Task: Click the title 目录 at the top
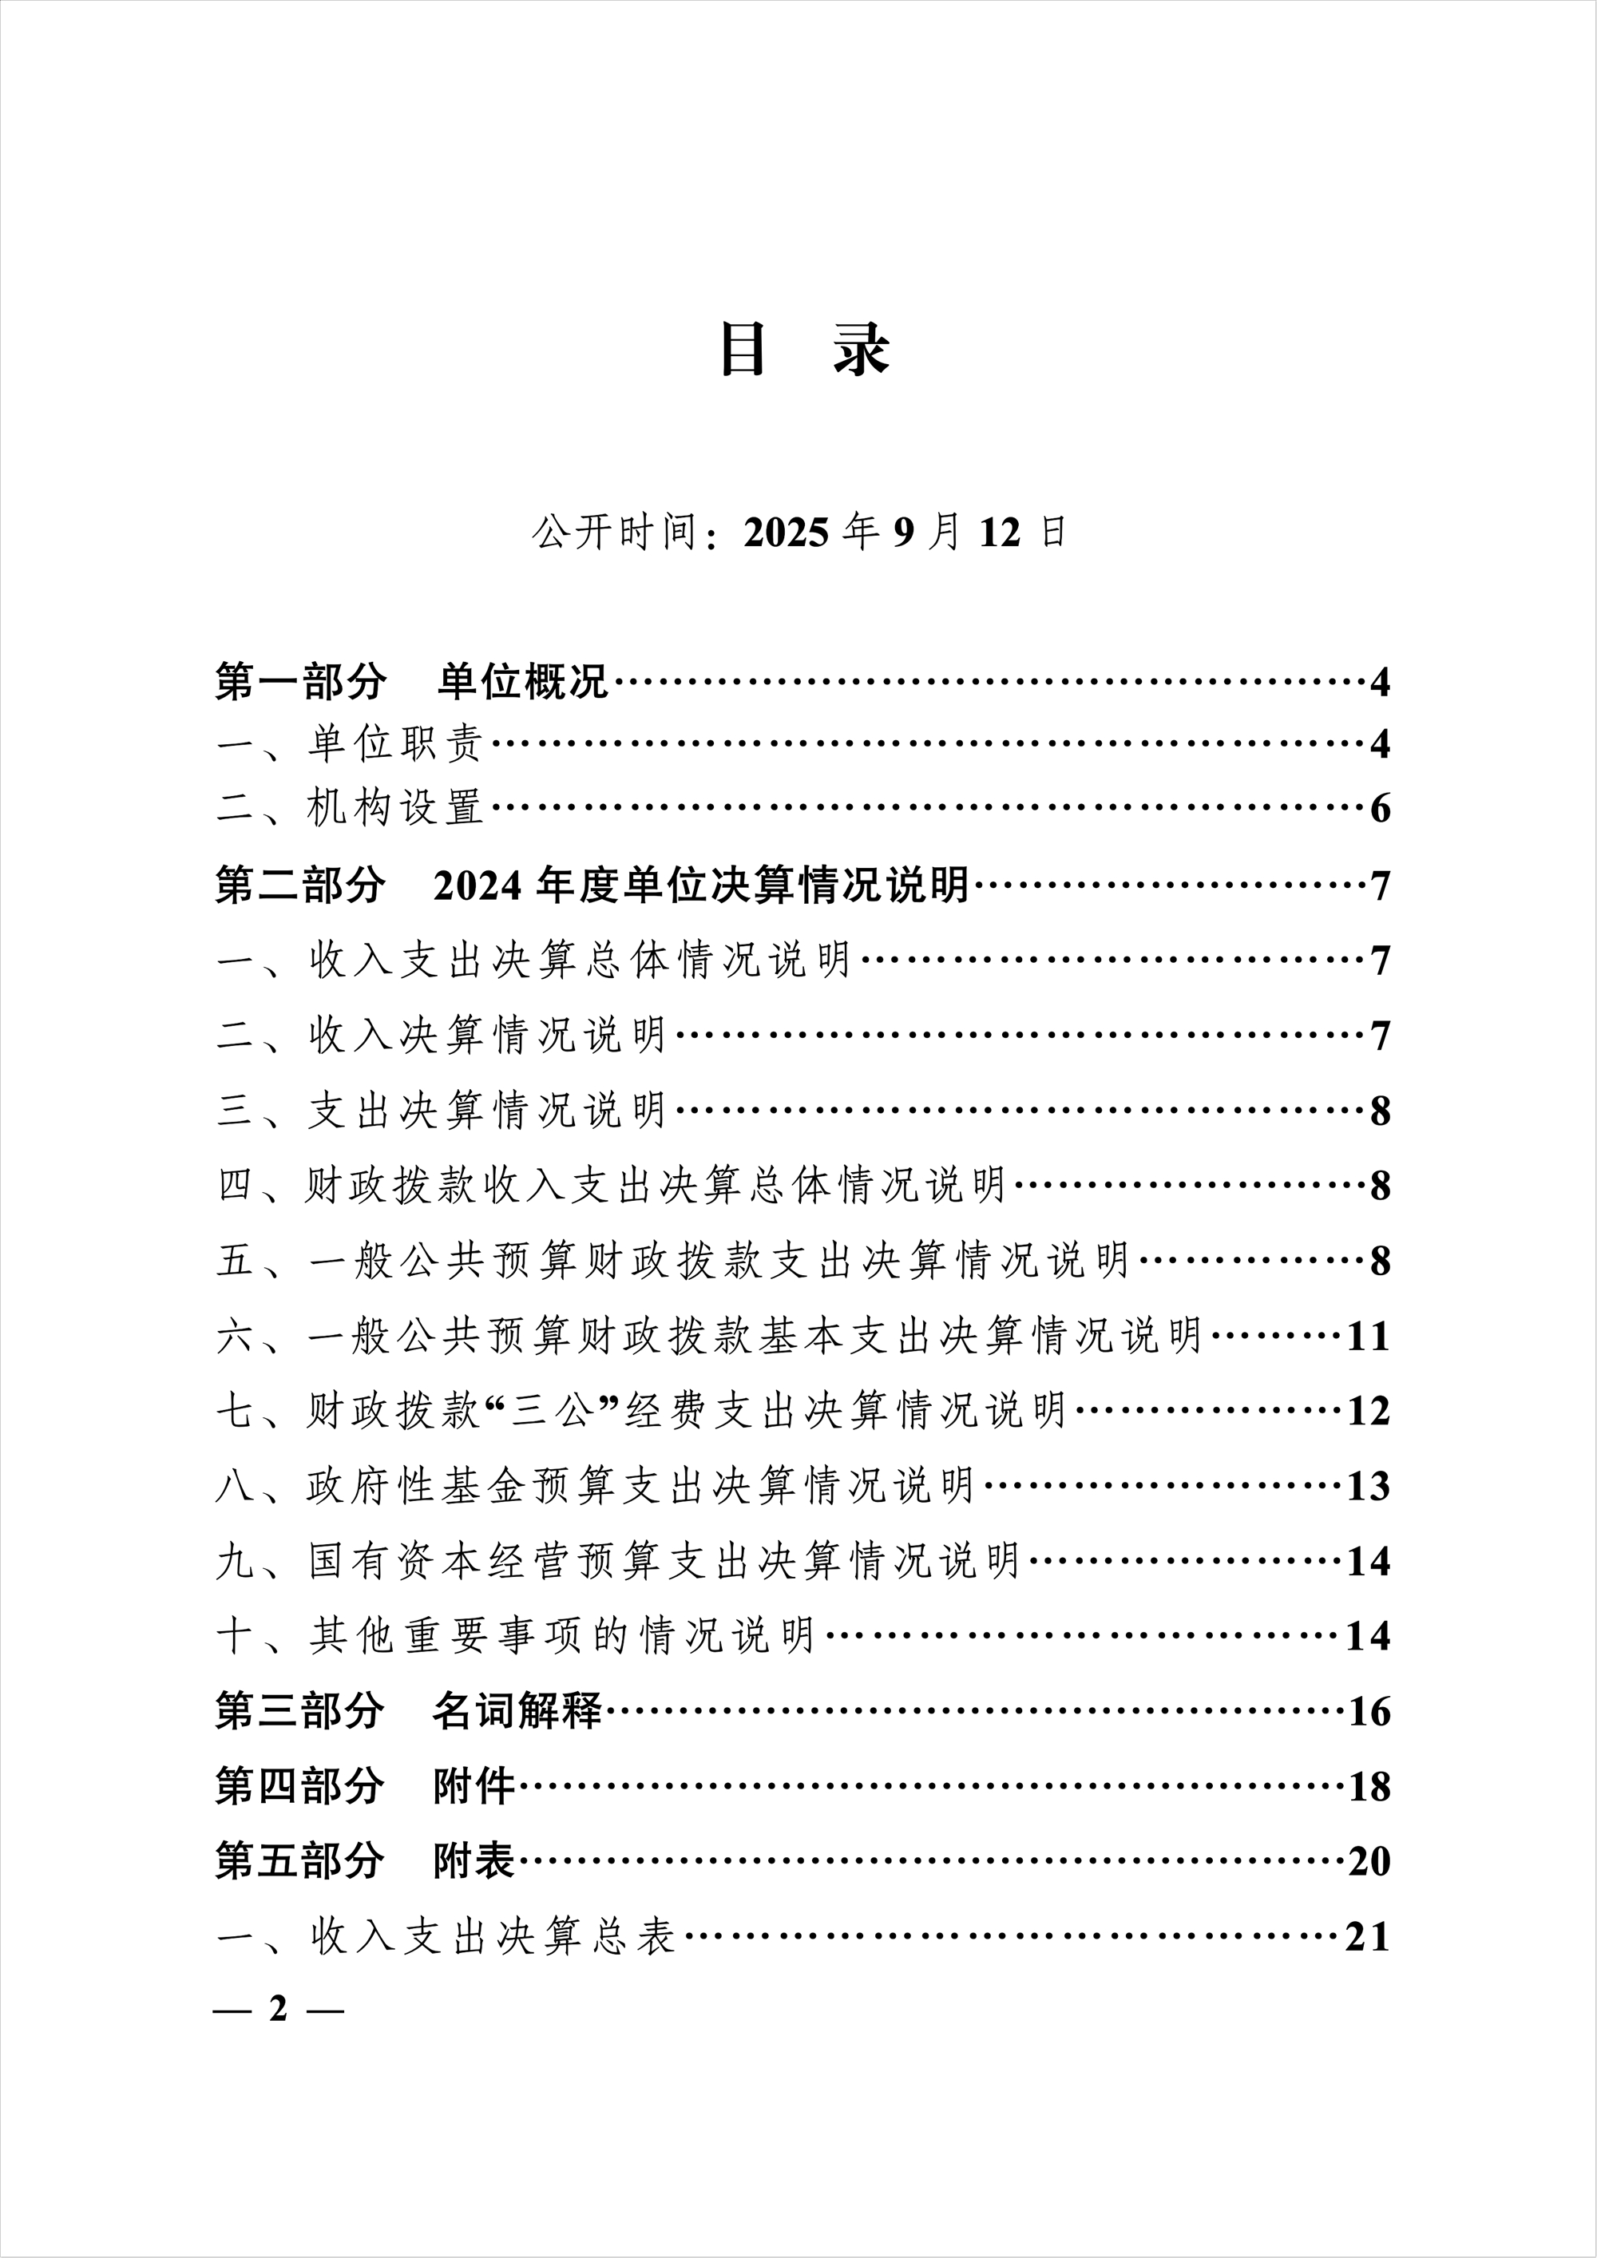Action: tap(804, 349)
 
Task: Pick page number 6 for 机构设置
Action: tap(1380, 810)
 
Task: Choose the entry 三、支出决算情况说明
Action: tap(442, 1111)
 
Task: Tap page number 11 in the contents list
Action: tap(1368, 1337)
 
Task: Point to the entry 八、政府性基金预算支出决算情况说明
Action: tap(595, 1486)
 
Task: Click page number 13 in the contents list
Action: tap(1368, 1486)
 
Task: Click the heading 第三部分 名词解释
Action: tap(408, 1712)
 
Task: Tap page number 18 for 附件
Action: tap(1368, 1787)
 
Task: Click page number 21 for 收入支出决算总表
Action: tap(1368, 1937)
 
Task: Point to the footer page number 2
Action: tap(279, 2009)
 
